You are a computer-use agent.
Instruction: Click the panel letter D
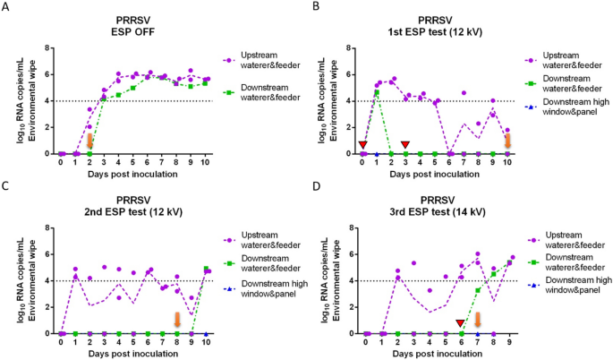[311, 185]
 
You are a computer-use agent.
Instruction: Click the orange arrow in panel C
[177, 320]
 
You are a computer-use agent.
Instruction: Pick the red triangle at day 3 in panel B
[405, 144]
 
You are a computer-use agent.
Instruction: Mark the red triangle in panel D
[460, 323]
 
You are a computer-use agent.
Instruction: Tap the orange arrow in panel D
[478, 320]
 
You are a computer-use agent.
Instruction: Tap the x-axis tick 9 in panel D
[510, 341]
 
